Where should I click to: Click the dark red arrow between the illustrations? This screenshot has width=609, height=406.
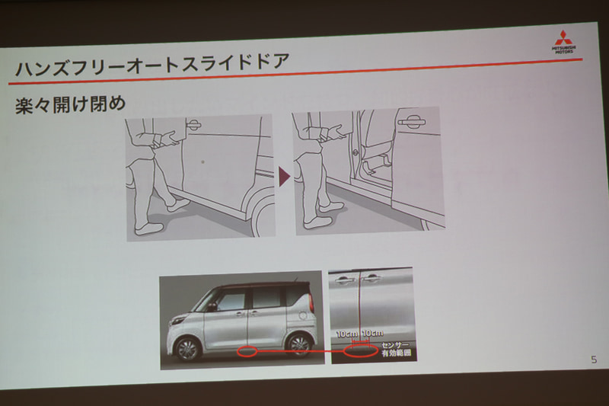(283, 177)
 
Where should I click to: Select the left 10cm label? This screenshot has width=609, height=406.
(348, 334)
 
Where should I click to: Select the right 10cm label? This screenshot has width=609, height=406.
(374, 334)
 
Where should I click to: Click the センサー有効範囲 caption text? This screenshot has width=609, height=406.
(396, 350)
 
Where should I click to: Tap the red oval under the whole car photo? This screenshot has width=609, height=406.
(248, 352)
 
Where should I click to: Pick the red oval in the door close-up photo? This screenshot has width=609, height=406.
(360, 351)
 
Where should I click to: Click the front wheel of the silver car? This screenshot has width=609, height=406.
(187, 349)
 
